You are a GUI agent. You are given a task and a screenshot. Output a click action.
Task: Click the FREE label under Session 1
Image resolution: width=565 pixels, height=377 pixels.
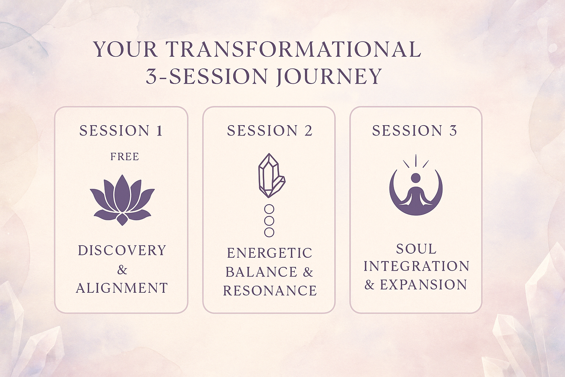[x=125, y=156]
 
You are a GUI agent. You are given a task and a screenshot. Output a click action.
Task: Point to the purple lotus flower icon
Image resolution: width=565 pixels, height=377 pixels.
[x=122, y=200]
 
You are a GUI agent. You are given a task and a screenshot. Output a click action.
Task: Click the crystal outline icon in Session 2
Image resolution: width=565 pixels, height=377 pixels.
[x=271, y=176]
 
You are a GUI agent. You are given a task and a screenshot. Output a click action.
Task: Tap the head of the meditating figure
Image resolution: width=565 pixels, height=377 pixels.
[x=416, y=177]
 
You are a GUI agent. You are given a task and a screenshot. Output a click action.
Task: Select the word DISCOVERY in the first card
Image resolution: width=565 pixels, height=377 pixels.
[x=122, y=250]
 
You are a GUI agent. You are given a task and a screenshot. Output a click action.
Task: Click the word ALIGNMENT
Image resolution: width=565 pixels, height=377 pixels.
[x=122, y=288]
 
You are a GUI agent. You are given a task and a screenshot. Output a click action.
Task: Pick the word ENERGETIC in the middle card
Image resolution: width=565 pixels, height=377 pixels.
[x=270, y=253]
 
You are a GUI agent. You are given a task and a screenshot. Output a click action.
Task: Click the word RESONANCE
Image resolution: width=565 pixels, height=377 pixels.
[x=270, y=290]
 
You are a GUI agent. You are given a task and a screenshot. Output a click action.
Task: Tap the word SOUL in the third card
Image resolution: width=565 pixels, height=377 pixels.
[x=416, y=249]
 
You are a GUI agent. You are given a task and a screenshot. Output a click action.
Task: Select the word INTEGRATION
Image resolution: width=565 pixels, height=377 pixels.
[x=416, y=266]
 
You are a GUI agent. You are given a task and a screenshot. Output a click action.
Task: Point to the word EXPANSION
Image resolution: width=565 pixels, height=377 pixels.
[x=423, y=285]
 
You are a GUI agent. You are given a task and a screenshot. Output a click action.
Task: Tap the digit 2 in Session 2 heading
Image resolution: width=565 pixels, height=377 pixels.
[x=308, y=131]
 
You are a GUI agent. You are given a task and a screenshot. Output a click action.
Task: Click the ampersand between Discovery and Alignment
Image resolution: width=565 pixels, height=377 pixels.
[x=122, y=270]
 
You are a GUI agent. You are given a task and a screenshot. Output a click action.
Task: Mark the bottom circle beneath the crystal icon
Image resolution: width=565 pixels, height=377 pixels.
[x=269, y=232]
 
